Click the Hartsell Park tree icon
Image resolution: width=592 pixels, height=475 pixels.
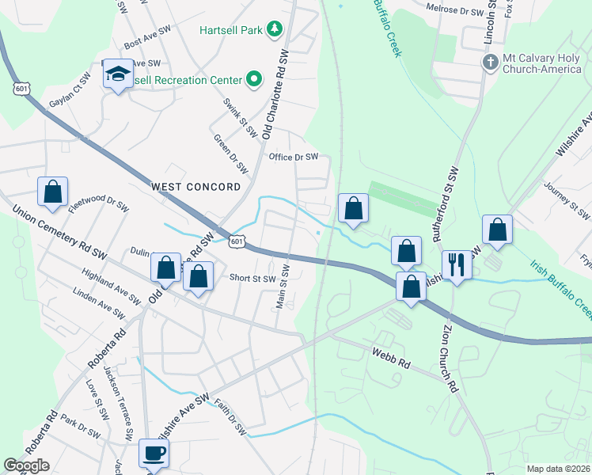pyautogui.click(x=275, y=29)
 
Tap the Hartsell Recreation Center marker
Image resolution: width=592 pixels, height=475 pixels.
pyautogui.click(x=254, y=78)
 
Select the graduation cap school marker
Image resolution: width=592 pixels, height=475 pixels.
pyautogui.click(x=118, y=74)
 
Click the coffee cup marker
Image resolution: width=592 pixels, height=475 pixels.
pyautogui.click(x=154, y=454)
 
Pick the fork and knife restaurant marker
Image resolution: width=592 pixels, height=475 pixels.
pyautogui.click(x=457, y=264)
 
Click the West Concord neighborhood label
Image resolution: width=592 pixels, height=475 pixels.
pyautogui.click(x=195, y=187)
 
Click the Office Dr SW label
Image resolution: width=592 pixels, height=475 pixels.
pyautogui.click(x=294, y=157)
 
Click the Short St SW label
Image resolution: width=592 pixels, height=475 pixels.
pyautogui.click(x=252, y=278)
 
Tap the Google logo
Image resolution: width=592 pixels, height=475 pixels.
pyautogui.click(x=27, y=465)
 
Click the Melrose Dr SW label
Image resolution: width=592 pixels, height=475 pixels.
pyautogui.click(x=454, y=13)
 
